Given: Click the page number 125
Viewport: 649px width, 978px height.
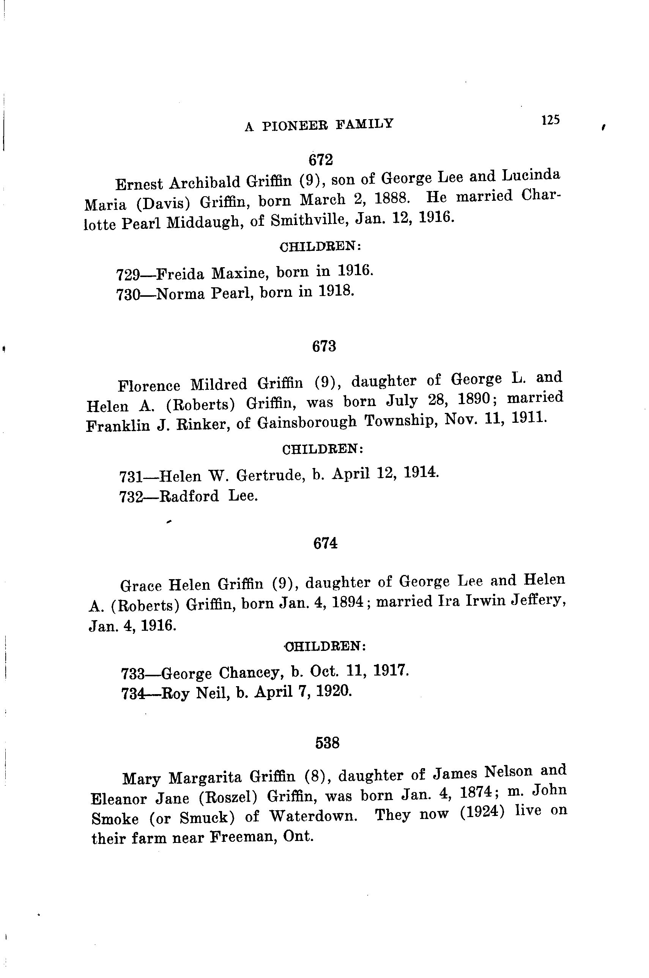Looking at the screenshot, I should (550, 120).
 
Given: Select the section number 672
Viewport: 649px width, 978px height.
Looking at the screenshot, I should (321, 159).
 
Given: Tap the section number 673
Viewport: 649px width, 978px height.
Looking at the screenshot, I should (324, 346).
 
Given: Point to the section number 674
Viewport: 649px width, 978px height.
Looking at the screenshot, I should (325, 543).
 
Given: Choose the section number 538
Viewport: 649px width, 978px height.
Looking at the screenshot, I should (328, 743).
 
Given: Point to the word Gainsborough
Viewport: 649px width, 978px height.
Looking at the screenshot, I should (307, 422).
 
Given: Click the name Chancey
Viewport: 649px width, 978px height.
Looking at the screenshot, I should (251, 673).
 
